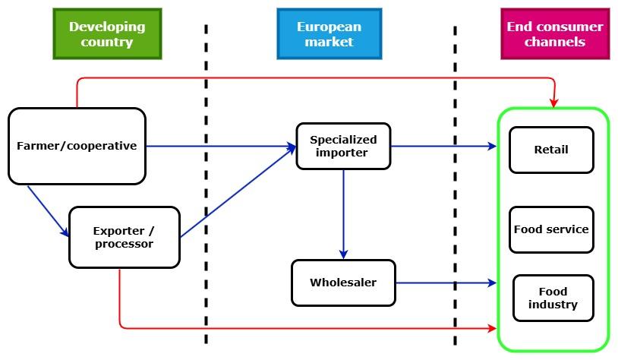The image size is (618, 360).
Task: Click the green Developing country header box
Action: coord(107,34)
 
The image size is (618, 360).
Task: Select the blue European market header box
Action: coord(329,34)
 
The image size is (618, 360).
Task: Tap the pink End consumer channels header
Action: coord(554,34)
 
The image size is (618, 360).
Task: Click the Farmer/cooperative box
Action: coord(77,146)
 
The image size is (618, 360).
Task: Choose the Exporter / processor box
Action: coord(124,237)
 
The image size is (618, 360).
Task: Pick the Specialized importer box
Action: coord(343,146)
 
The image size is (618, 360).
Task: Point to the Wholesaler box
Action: coord(343,283)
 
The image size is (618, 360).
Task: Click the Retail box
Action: coord(550,150)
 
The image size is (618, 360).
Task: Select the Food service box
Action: coord(550,229)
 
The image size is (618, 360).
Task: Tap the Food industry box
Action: coord(553,298)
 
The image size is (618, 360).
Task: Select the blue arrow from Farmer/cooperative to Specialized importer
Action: coord(220,146)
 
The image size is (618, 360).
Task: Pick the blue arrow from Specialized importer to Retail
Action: coord(444,146)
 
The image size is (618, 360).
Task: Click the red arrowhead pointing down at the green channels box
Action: coord(554,102)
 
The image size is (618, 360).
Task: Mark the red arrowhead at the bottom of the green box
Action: coord(491,328)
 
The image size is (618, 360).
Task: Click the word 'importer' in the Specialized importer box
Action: coord(343,153)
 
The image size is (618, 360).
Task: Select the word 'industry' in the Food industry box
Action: coord(553,305)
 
